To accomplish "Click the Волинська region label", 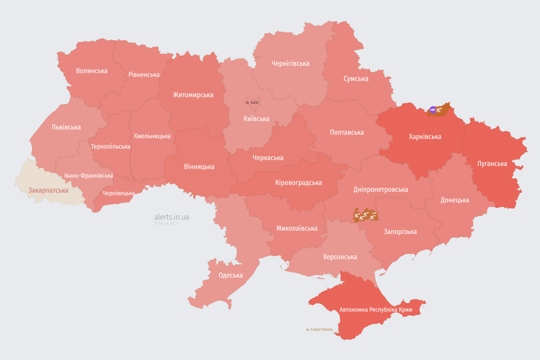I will (91, 71).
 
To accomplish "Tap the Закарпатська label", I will (48, 190).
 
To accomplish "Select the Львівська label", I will (66, 127).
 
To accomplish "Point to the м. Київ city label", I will (252, 102).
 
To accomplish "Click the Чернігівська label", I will (290, 63).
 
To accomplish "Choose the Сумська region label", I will (356, 78).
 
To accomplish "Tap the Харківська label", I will (425, 136).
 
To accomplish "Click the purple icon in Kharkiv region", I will (433, 110).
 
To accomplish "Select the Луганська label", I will (492, 164).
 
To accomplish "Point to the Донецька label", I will (454, 200).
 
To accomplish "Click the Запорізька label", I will (400, 232).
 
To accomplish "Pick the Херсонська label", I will (339, 256).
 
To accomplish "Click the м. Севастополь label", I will (319, 330).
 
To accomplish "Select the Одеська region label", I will (231, 275).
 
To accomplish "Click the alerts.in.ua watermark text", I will (172, 217).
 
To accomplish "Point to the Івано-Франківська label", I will (89, 175).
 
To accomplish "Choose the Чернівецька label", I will (119, 193).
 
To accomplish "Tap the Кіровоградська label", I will (298, 182).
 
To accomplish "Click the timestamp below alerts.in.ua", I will (166, 224).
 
